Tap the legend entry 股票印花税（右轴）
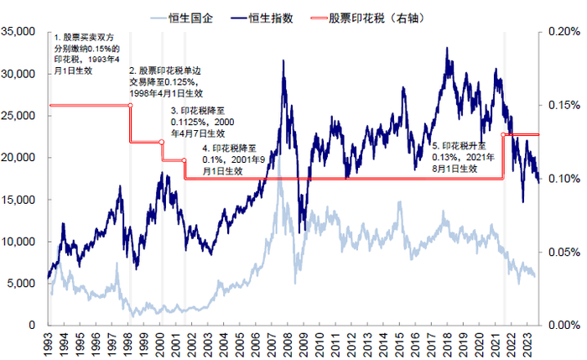point(373,16)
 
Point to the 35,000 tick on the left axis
point(19,32)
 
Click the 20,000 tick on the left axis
point(19,158)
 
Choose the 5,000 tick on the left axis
point(23,284)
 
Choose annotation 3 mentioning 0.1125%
point(199,122)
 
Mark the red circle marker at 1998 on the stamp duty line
point(130,105)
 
